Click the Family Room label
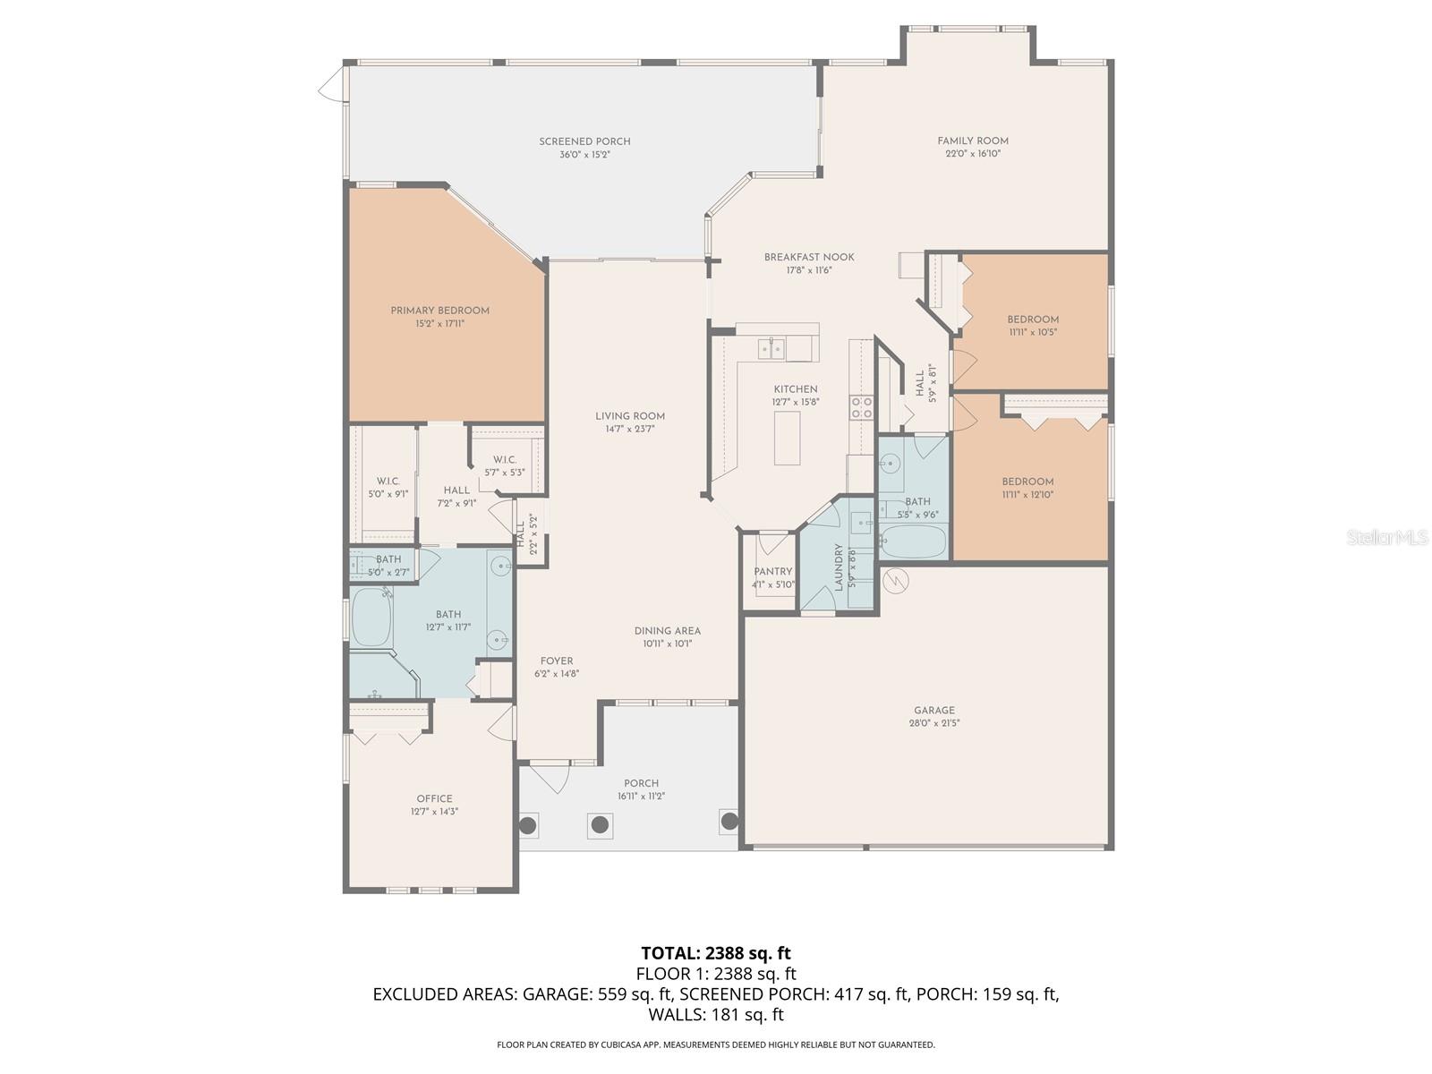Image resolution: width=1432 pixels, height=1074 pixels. [x=973, y=141]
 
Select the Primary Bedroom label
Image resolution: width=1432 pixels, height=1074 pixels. [x=439, y=311]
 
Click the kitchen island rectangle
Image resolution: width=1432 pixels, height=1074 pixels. [x=788, y=440]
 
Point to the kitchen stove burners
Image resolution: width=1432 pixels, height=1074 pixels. [x=862, y=408]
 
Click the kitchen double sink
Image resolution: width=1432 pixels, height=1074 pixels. [x=771, y=348]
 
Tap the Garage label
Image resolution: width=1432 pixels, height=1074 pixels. [x=934, y=711]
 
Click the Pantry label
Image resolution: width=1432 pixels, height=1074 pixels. [x=772, y=572]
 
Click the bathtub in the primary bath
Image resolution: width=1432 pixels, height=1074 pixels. [x=371, y=618]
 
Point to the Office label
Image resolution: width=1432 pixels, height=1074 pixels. [x=434, y=799]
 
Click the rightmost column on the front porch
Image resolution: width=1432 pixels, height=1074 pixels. [x=729, y=820]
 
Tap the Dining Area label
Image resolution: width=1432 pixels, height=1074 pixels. [x=667, y=631]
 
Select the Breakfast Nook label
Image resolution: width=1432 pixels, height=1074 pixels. [x=809, y=257]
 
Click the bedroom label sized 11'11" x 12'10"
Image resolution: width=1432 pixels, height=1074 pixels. [x=1027, y=482]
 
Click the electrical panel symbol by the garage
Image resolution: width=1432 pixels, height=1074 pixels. [x=895, y=582]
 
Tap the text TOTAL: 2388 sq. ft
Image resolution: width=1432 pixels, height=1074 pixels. [x=716, y=953]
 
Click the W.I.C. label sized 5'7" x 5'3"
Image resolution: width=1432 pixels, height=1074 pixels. [x=504, y=460]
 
